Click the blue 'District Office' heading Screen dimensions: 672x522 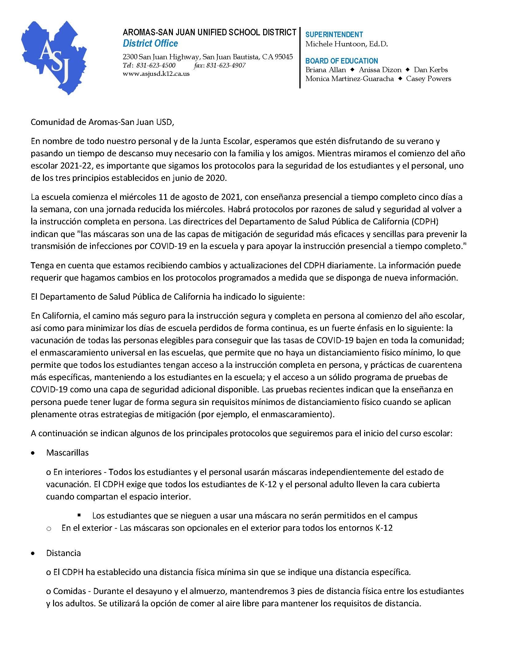[150, 43]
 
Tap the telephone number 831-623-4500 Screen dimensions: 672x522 [156, 65]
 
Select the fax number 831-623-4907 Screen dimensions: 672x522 [226, 65]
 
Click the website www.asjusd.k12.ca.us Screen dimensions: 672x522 [156, 74]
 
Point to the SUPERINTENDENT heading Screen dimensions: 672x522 [334, 34]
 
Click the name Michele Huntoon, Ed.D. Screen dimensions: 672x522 [346, 44]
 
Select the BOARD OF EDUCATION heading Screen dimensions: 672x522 [342, 61]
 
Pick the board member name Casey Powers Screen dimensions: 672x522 [428, 79]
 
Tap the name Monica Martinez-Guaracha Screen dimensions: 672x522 [349, 79]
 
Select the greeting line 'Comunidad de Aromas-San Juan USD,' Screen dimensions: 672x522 [103, 122]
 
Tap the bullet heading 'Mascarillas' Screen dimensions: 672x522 [68, 453]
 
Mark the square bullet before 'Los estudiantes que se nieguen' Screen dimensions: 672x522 [79, 515]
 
